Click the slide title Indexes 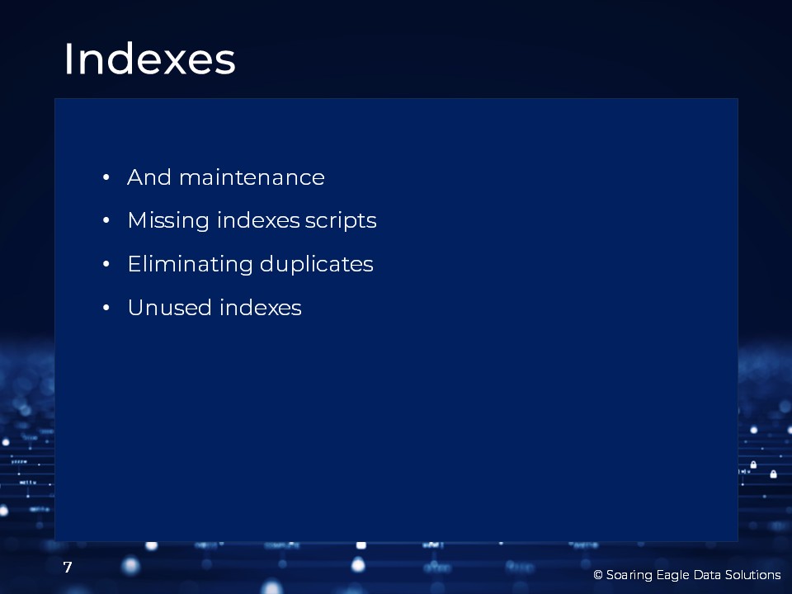tap(149, 59)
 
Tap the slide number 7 tap(68, 568)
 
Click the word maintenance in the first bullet tap(252, 178)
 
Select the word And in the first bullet tap(149, 177)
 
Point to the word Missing tap(168, 221)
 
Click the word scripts tap(341, 221)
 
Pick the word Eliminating tap(190, 265)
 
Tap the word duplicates tap(317, 264)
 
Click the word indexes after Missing tap(258, 221)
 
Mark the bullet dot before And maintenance tap(106, 177)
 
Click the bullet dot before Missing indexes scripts tap(106, 221)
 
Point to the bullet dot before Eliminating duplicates tap(106, 264)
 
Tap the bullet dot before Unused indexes tap(106, 308)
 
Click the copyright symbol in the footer tap(598, 575)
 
